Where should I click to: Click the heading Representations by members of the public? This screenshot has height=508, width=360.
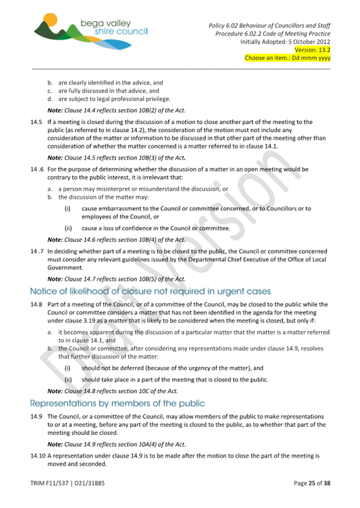tap(117, 402)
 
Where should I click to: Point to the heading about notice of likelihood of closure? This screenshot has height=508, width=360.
tap(150, 291)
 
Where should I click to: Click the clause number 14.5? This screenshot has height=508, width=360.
tap(37, 123)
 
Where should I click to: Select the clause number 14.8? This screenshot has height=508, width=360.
tap(37, 304)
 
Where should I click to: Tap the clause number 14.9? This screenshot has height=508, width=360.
tap(37, 416)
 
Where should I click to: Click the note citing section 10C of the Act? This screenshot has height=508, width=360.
tap(113, 391)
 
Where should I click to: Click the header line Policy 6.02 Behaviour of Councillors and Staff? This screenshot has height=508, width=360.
tap(268, 26)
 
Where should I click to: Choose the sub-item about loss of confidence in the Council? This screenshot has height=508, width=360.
tap(156, 229)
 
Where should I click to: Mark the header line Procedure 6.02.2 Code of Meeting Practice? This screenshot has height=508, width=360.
tap(273, 34)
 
